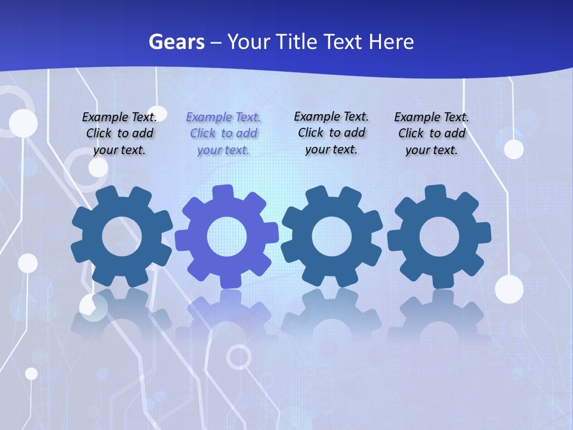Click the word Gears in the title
[x=176, y=42]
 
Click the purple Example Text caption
[x=223, y=134]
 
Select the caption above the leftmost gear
[x=119, y=133]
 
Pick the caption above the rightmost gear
[x=432, y=133]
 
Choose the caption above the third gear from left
[x=331, y=133]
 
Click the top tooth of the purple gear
[x=223, y=193]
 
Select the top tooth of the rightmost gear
[x=435, y=193]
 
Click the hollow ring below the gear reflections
[x=239, y=357]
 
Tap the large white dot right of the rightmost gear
[x=509, y=290]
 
